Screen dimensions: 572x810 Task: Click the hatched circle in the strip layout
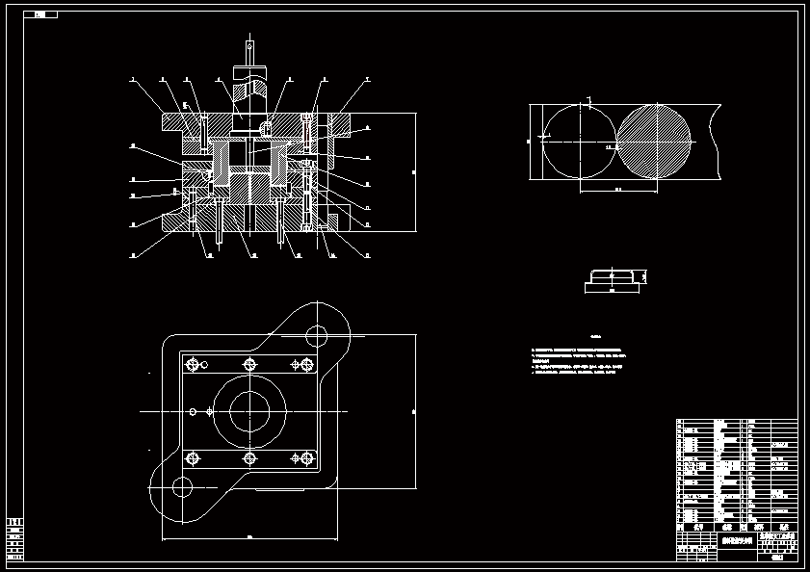click(x=654, y=141)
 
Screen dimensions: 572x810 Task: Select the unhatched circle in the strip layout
click(x=579, y=141)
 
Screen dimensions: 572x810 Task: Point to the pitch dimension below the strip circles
click(x=616, y=192)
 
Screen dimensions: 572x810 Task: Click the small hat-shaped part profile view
click(x=614, y=279)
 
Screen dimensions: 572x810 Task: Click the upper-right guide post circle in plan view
click(x=317, y=336)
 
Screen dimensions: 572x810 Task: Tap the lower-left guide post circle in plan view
click(x=181, y=487)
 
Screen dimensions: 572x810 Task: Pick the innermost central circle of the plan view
click(x=249, y=411)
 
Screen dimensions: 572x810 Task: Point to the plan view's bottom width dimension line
click(x=249, y=536)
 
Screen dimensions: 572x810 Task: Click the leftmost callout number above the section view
click(x=132, y=79)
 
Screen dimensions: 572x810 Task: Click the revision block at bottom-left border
click(x=14, y=539)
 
